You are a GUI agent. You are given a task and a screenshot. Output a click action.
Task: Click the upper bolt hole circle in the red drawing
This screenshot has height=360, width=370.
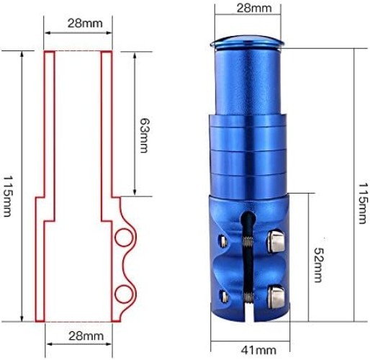click(124, 238)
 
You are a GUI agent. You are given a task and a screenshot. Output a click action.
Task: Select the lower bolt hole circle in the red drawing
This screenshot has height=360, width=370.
click(124, 292)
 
